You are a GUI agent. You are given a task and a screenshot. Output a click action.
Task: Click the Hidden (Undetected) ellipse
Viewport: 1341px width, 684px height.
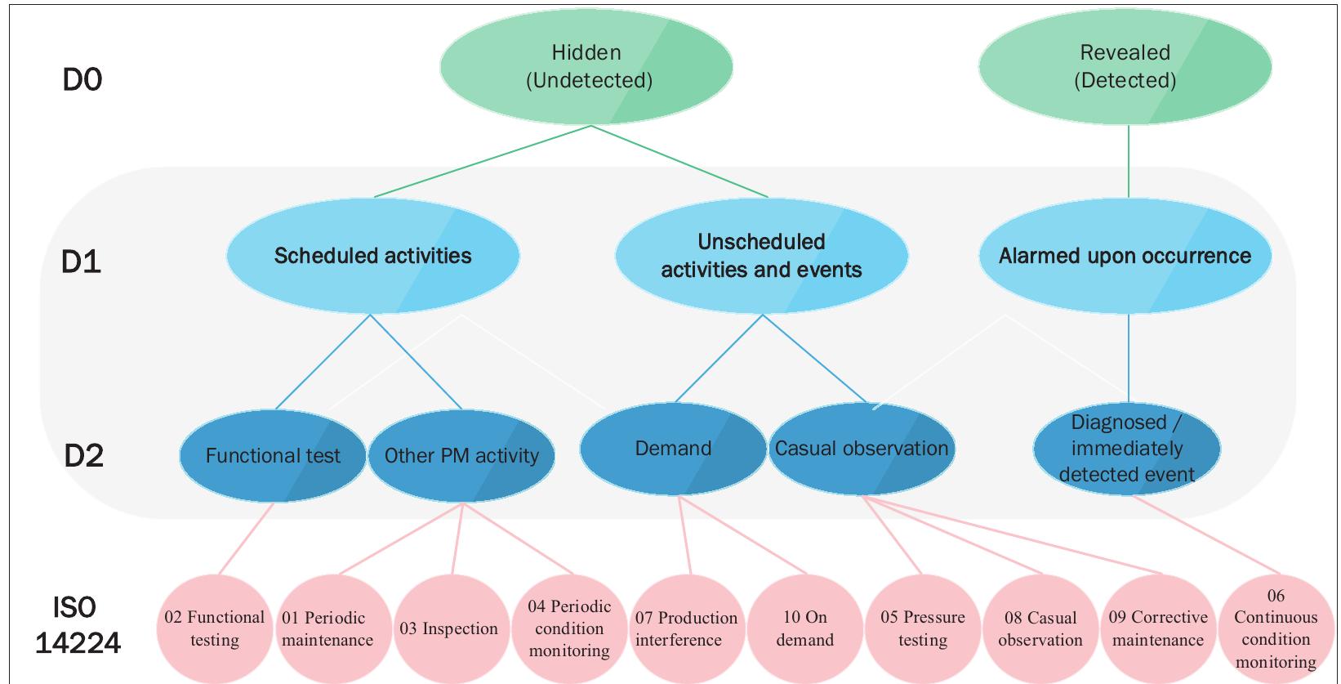pyautogui.click(x=586, y=66)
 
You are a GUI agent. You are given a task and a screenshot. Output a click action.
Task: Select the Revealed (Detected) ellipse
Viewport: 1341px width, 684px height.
pyautogui.click(x=1125, y=66)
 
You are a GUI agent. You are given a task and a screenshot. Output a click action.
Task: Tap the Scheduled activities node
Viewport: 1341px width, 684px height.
pyautogui.click(x=372, y=256)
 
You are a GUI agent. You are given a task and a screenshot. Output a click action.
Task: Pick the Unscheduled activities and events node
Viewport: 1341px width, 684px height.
pyautogui.click(x=761, y=256)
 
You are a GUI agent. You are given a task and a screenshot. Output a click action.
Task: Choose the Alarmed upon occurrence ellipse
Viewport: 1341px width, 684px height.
pyautogui.click(x=1125, y=256)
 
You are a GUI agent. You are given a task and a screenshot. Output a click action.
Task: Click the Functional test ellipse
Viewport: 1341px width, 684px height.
pyautogui.click(x=273, y=455)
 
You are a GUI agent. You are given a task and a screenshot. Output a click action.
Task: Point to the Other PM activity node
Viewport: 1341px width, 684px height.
pyautogui.click(x=461, y=455)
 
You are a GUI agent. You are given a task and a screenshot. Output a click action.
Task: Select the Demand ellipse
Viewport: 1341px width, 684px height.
pyautogui.click(x=673, y=448)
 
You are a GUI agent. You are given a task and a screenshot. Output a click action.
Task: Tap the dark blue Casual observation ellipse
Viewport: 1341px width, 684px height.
pyautogui.click(x=862, y=448)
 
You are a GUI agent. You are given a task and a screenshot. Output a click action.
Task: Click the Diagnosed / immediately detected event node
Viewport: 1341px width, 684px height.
pyautogui.click(x=1127, y=448)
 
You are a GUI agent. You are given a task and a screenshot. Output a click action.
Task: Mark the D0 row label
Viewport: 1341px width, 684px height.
pyautogui.click(x=82, y=80)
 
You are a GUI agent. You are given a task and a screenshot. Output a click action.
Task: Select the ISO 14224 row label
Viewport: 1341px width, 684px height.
pyautogui.click(x=78, y=625)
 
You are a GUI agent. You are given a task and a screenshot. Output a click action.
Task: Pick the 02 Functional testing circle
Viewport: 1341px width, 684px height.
pyautogui.click(x=215, y=628)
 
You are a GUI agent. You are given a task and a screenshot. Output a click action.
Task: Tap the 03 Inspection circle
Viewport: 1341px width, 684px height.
pyautogui.click(x=448, y=628)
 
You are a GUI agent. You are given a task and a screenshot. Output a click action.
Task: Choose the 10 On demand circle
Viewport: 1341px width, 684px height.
pyautogui.click(x=804, y=628)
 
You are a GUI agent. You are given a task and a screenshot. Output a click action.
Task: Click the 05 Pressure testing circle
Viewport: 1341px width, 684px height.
pyautogui.click(x=923, y=628)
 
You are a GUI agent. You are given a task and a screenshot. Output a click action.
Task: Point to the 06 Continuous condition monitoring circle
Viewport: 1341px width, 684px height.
pyautogui.click(x=1276, y=628)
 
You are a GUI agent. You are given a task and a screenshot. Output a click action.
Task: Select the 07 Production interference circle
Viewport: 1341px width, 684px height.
pyautogui.click(x=686, y=628)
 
